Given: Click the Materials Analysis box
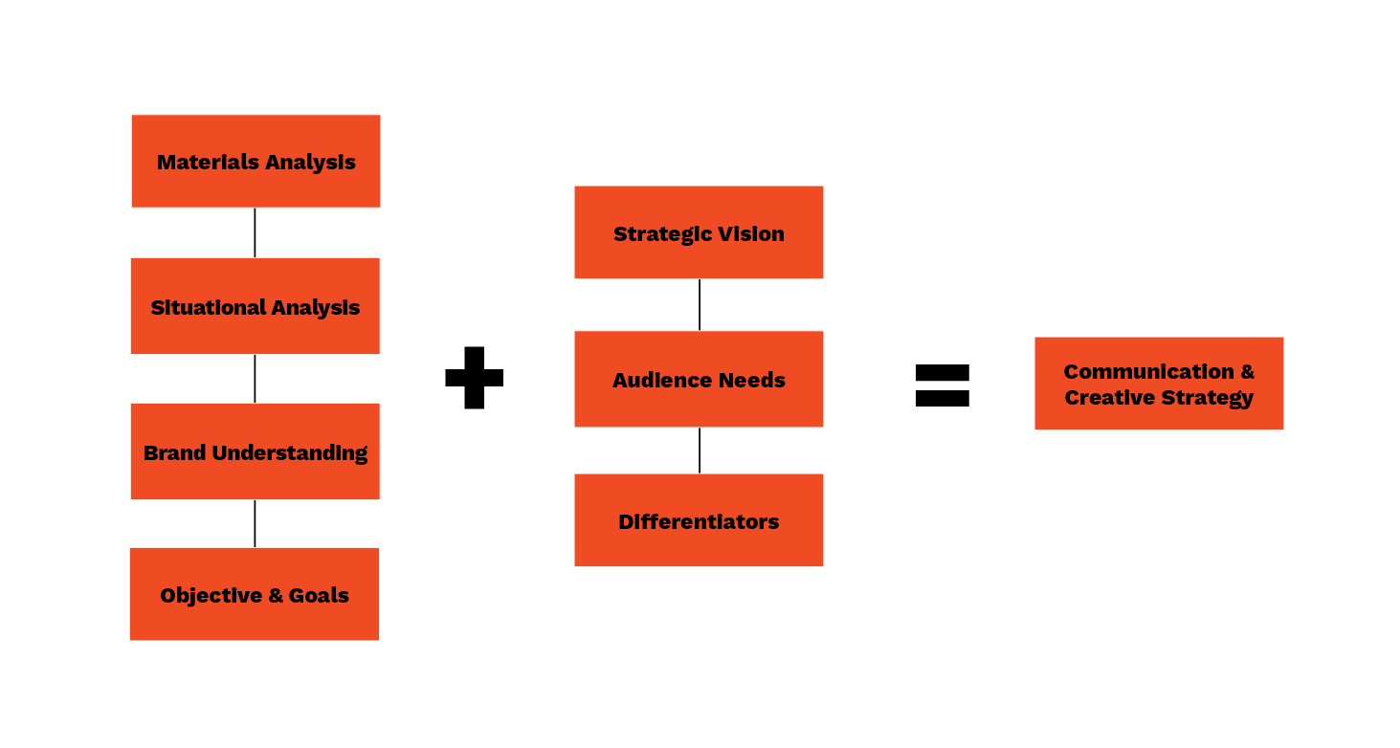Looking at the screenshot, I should point(256,161).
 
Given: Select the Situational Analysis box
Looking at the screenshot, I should point(256,306).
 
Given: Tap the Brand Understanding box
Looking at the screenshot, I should point(256,451).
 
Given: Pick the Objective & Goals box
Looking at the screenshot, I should point(255,594).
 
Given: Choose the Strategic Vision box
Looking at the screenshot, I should point(699,232).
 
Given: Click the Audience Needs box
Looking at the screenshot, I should point(699,379).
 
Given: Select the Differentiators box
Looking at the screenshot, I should point(699,520).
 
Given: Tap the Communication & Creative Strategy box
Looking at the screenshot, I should point(1159,384).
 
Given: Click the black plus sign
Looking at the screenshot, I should point(474,378).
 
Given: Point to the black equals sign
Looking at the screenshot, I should point(943,385).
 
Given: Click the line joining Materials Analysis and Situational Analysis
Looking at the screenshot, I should point(255,232).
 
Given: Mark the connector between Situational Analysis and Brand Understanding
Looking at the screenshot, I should point(255,379).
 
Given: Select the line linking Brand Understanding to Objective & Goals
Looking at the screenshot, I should point(255,523).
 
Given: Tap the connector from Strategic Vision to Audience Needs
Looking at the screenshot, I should point(699,304).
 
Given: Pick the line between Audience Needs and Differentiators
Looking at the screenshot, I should point(699,450).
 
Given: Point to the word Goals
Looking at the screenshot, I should point(319,595).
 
